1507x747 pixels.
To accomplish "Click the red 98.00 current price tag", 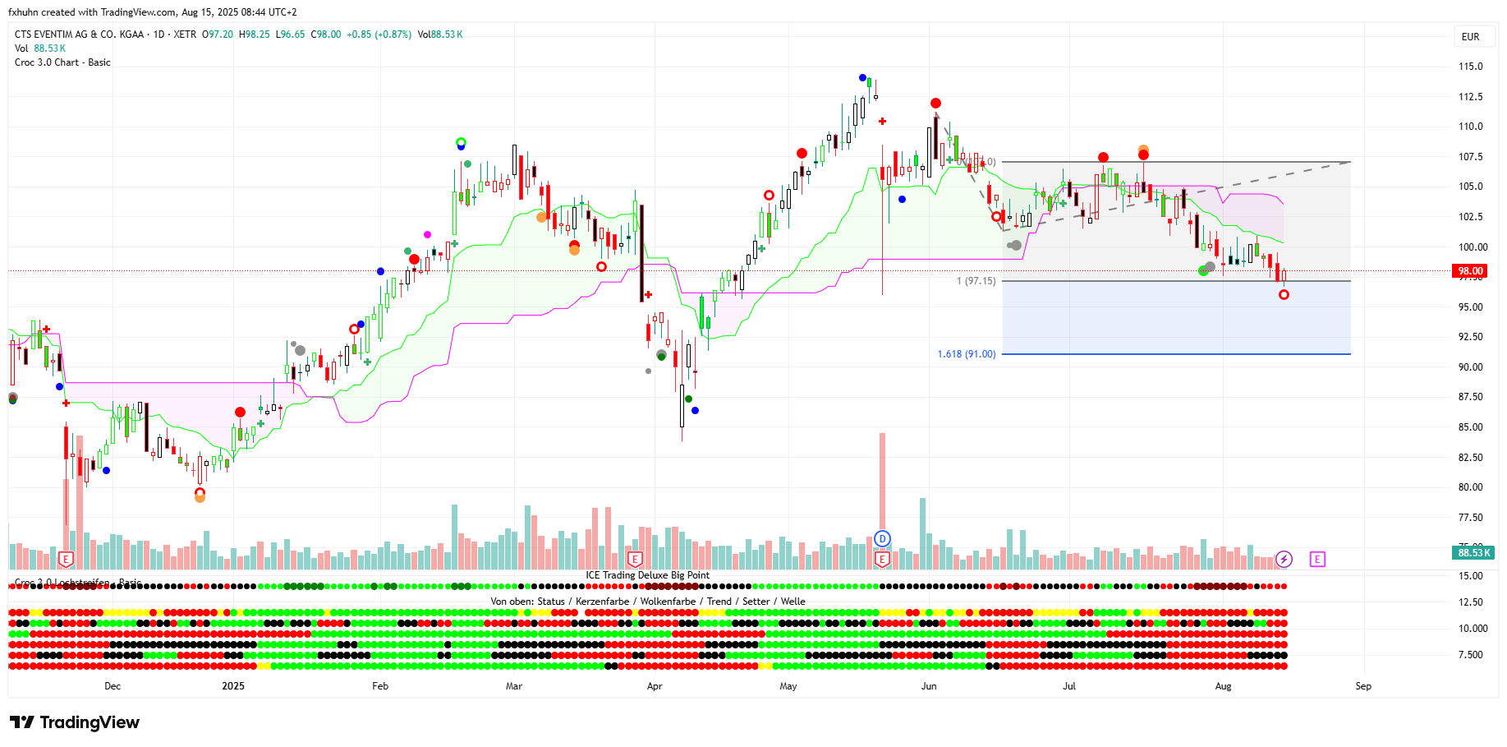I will pos(1470,271).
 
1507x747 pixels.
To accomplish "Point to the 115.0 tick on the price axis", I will pos(1470,67).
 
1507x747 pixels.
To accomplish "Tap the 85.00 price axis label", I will pos(1470,427).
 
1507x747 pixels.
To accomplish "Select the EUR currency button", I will pos(1471,37).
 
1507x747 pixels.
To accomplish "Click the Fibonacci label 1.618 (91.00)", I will pos(967,354).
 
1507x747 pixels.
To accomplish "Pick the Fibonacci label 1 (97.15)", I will pos(976,281).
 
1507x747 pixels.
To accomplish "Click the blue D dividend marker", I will pos(882,539).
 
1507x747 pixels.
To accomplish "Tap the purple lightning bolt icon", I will pos(1284,560).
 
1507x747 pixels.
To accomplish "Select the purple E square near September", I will pos(1317,560).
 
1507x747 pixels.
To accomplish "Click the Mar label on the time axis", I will pos(514,686).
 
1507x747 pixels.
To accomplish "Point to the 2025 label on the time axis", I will pos(233,686).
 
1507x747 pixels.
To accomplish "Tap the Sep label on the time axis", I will pos(1363,686).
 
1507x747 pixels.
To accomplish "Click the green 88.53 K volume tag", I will pos(1473,553).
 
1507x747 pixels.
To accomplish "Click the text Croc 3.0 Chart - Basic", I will pos(62,62).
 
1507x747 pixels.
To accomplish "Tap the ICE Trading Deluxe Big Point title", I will pos(647,575).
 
